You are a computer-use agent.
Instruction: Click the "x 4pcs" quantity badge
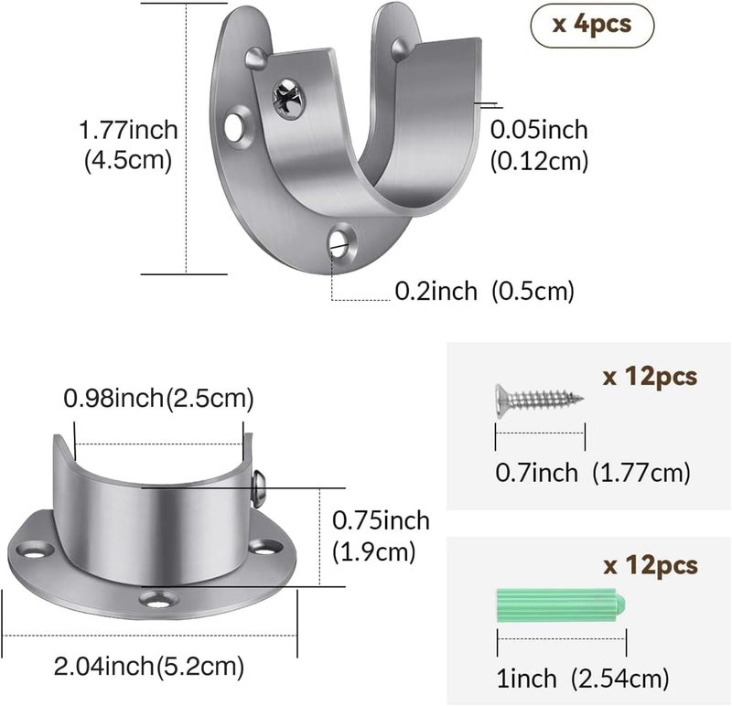[592, 26]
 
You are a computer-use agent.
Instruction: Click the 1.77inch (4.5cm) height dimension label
[128, 144]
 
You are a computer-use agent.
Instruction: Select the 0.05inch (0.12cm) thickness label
[539, 145]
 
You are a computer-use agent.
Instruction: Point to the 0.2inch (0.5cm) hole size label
[485, 291]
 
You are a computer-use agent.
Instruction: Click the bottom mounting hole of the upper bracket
[341, 241]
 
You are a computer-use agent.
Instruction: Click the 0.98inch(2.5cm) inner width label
[158, 399]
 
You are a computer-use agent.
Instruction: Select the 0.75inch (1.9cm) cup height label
[381, 536]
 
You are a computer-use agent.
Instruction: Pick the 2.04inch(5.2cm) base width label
[149, 666]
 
